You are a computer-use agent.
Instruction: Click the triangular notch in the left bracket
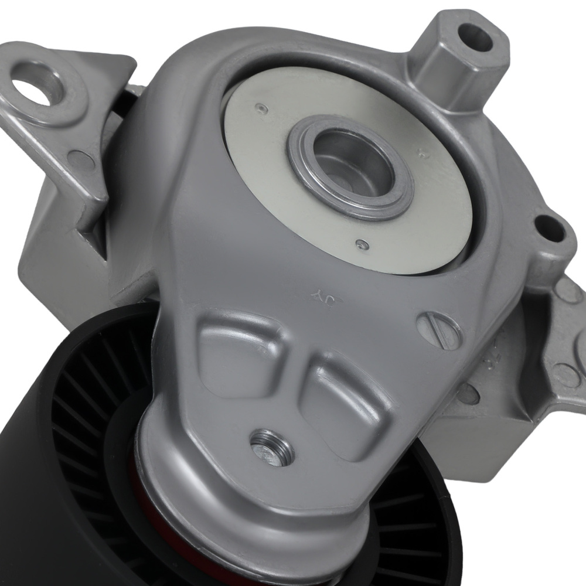(x=91, y=237)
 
